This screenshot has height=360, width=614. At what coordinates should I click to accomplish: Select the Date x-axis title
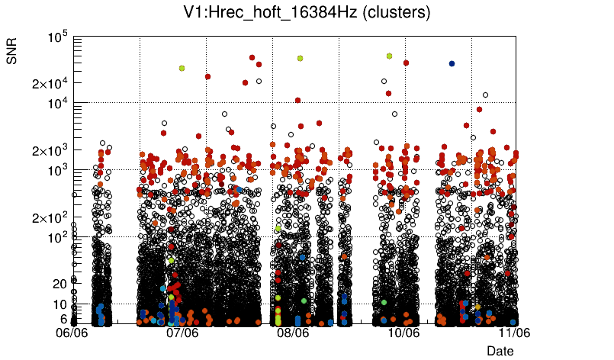(x=500, y=351)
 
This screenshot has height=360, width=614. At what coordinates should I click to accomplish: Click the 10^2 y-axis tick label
(x=57, y=238)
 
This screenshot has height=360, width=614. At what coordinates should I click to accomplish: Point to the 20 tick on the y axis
(x=59, y=284)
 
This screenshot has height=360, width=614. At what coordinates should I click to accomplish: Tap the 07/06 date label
(x=183, y=333)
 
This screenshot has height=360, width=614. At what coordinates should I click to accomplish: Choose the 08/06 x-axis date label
(x=294, y=333)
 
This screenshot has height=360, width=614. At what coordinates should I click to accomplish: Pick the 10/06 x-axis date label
(x=404, y=333)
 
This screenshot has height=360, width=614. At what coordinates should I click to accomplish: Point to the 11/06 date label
(x=514, y=333)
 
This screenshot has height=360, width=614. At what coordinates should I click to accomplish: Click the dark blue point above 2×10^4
(x=452, y=64)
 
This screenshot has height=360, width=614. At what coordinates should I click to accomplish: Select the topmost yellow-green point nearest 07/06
(x=182, y=68)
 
